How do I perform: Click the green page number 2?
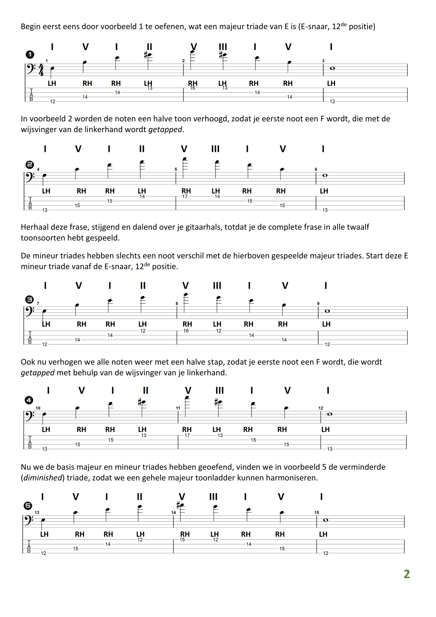(406, 574)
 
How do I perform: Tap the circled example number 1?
(30, 55)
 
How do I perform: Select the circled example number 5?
(28, 506)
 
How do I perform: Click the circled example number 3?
(30, 300)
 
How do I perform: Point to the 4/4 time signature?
(41, 70)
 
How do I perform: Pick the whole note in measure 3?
(332, 68)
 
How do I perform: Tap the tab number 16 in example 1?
(192, 88)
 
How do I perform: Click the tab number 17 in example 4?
(187, 435)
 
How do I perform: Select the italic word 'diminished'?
(43, 478)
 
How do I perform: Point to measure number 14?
(173, 512)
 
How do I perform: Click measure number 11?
(178, 408)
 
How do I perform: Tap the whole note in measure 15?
(326, 520)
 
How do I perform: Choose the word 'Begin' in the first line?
(31, 26)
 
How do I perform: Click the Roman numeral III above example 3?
(217, 286)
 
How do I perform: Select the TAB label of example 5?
(29, 546)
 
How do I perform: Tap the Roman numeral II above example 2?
(142, 149)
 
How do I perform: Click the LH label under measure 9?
(326, 324)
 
